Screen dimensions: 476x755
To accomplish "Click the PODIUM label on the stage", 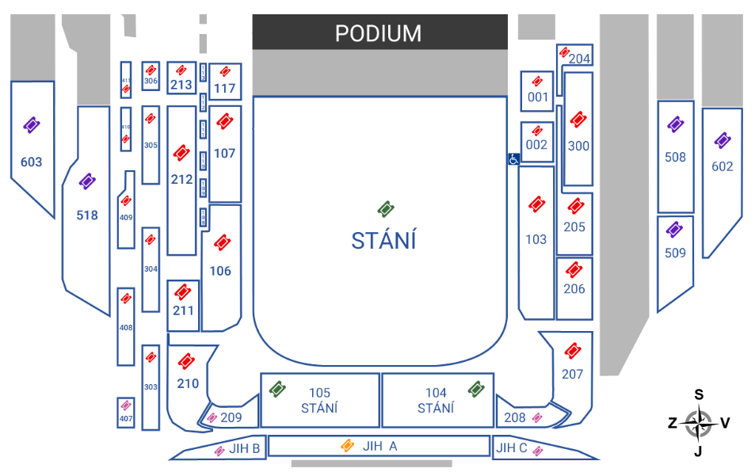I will [378, 33].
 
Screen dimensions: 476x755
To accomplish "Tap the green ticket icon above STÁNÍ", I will [386, 209].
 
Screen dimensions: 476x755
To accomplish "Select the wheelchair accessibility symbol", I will [513, 159].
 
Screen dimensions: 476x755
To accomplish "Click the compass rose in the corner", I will [698, 424].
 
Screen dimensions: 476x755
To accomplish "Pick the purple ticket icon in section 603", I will [32, 125].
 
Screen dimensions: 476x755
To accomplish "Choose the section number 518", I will [87, 215].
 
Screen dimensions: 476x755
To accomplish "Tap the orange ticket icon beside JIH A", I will [347, 446].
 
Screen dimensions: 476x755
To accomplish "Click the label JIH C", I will [511, 448].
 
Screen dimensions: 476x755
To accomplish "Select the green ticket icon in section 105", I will [277, 389].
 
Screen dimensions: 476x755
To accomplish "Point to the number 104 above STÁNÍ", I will [436, 393].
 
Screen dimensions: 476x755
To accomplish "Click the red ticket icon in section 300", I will [578, 120].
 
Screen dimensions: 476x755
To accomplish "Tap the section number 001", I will [537, 97].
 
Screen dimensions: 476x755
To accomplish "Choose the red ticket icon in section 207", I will [572, 351].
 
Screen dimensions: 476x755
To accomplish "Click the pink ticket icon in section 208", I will [537, 417].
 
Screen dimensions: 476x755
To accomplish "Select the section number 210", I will [188, 384].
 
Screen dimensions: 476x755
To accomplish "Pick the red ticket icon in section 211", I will [183, 291].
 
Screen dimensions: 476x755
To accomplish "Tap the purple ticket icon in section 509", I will [674, 230].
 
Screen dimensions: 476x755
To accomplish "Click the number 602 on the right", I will [722, 166].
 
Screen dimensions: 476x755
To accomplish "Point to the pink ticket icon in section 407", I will [126, 406].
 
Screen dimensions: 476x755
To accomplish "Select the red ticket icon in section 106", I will [222, 243].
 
